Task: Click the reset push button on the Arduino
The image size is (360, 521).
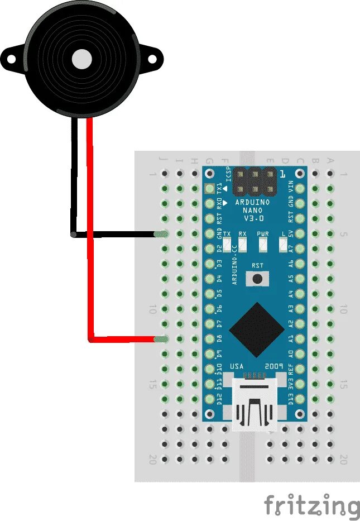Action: tap(257, 279)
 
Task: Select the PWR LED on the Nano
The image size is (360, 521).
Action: tap(262, 244)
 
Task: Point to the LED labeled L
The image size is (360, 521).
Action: tap(284, 244)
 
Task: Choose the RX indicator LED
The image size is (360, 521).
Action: tap(242, 244)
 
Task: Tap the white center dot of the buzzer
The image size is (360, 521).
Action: tap(81, 58)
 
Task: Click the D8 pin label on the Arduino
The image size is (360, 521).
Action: tap(219, 338)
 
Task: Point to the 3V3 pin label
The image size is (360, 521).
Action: tap(290, 383)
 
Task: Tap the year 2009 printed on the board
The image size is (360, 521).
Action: tap(277, 366)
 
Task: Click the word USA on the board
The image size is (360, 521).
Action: tap(237, 366)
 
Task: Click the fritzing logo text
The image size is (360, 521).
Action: tap(311, 506)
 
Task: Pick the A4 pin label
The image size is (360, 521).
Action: tap(290, 293)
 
